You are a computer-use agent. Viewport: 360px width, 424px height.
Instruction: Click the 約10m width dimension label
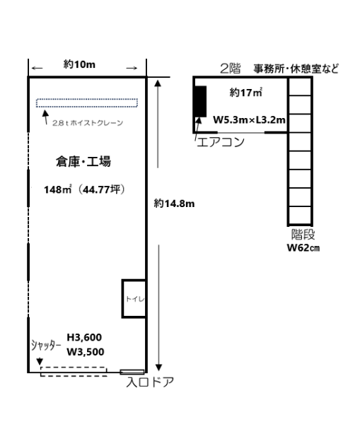[79, 64]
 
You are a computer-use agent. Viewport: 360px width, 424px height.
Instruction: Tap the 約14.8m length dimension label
[174, 204]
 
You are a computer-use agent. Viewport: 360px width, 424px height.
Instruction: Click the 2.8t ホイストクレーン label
[88, 123]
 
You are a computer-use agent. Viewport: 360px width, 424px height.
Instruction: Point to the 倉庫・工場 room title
[83, 161]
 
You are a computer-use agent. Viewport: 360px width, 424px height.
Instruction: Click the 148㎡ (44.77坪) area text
[84, 189]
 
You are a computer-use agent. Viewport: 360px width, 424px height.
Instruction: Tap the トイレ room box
[134, 298]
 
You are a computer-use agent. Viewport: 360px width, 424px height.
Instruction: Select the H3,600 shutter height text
[84, 338]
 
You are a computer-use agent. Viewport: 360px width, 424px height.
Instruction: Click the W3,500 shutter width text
[86, 352]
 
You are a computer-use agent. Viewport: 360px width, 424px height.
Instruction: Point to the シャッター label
[46, 346]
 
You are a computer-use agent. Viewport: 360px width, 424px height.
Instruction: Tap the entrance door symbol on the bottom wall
[132, 372]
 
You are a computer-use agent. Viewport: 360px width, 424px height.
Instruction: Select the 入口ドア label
[150, 382]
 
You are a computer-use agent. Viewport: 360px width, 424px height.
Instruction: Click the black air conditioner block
[201, 101]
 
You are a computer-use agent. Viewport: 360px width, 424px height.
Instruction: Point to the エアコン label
[221, 142]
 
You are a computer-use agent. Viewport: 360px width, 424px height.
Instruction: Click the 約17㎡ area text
[245, 93]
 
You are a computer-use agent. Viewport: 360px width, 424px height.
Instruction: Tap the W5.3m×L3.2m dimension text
[249, 120]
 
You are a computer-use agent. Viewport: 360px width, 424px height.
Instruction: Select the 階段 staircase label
[303, 235]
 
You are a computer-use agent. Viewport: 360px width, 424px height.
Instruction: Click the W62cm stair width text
[303, 248]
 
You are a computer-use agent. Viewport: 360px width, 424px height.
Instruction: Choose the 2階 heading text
[230, 69]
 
